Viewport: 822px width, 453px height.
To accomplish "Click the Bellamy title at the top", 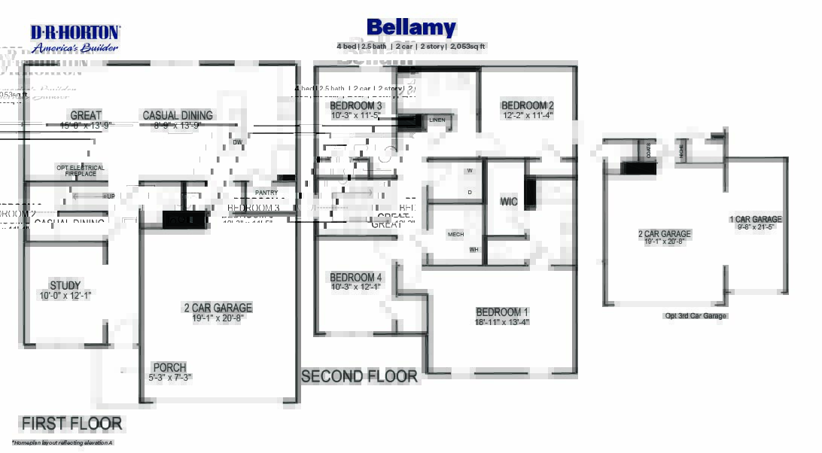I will point(411,29).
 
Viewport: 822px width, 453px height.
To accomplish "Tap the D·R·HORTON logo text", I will point(75,32).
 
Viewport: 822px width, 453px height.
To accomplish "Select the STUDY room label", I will point(65,286).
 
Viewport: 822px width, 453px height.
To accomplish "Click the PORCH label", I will point(169,368).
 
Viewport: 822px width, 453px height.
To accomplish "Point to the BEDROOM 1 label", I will point(502,312).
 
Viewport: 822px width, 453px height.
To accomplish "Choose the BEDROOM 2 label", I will point(527,106).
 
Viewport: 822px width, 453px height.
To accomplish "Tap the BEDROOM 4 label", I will point(355,278).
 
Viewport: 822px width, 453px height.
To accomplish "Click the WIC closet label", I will point(509,202).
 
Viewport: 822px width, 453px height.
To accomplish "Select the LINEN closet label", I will point(437,120).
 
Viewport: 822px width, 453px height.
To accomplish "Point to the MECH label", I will point(455,234).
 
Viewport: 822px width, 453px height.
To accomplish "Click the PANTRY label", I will point(266,193).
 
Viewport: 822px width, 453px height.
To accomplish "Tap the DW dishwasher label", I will point(237,142).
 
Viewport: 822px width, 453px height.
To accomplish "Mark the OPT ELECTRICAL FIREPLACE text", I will point(81,171).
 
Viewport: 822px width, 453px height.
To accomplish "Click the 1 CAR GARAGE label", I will point(755,220).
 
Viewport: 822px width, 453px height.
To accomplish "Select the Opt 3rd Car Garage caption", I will point(695,316).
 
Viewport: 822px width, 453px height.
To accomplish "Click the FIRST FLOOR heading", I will point(72,424).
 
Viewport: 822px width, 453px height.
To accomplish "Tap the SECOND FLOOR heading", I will point(359,376).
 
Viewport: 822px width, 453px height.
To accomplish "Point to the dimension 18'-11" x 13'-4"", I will point(502,322).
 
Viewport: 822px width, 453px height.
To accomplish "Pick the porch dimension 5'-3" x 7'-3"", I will point(169,377).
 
